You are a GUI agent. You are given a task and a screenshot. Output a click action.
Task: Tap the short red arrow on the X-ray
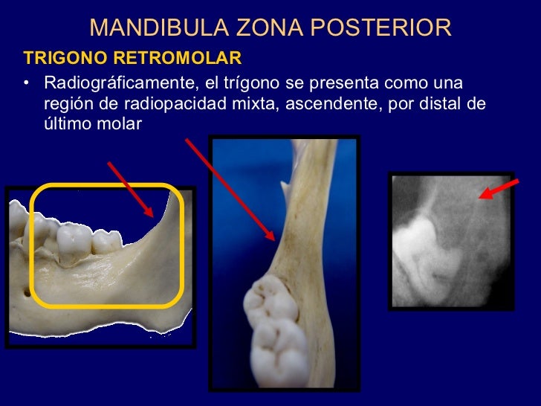point(498,188)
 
